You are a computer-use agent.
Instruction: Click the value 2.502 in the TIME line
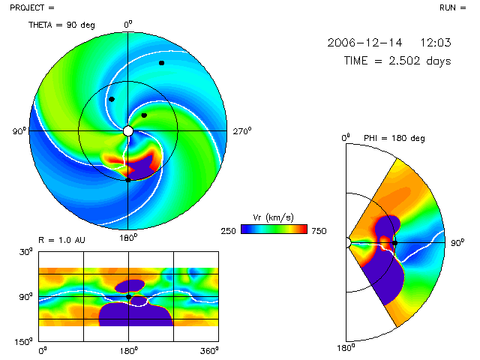(x=406, y=61)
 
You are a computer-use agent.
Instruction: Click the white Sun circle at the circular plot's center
(x=127, y=130)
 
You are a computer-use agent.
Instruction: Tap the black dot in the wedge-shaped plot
(x=394, y=243)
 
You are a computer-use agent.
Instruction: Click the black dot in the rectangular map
(x=128, y=297)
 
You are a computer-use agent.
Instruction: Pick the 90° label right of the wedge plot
(x=456, y=243)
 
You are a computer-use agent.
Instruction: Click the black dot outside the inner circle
(x=161, y=63)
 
